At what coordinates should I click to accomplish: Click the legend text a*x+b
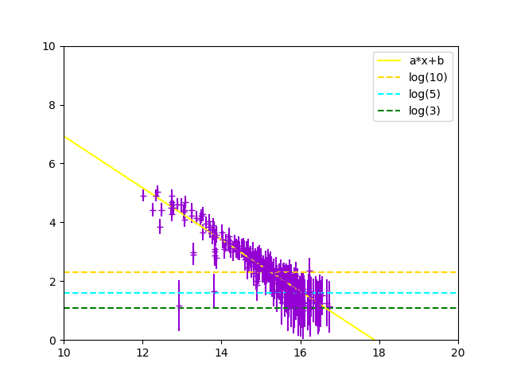[427, 61]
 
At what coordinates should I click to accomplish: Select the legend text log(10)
[428, 77]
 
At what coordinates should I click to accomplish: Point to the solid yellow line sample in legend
[390, 61]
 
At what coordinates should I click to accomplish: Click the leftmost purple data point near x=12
[143, 195]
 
